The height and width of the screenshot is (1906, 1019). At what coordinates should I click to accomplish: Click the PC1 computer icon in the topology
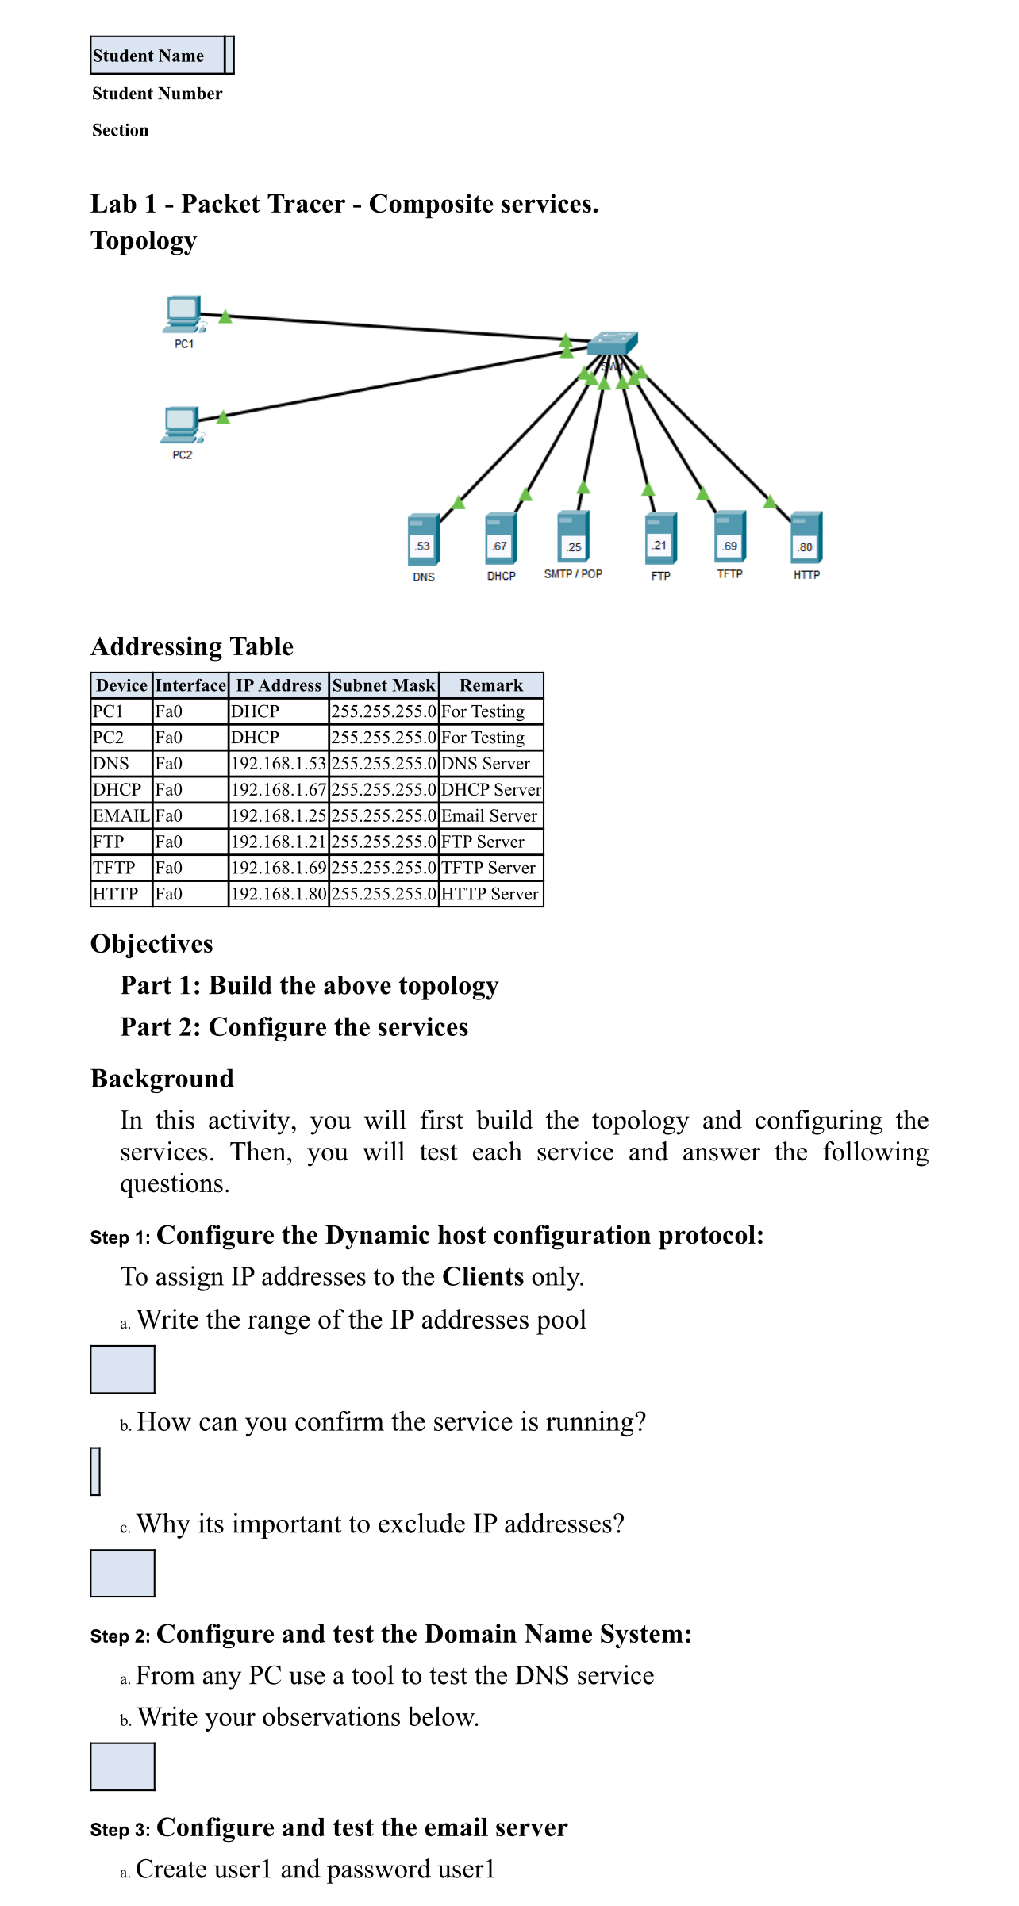[x=183, y=315]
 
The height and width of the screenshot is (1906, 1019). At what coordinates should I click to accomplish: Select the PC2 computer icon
[x=182, y=426]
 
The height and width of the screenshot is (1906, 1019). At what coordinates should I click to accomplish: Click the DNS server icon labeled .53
[x=423, y=540]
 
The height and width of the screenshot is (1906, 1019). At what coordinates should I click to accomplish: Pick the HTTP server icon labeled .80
[x=806, y=539]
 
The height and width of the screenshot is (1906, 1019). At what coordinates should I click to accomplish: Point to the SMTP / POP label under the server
[x=573, y=574]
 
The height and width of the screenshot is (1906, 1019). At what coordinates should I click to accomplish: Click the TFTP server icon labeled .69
[x=729, y=537]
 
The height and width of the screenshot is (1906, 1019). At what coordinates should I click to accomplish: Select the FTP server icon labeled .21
[x=660, y=538]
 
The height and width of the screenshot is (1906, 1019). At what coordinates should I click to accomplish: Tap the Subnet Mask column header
[x=384, y=685]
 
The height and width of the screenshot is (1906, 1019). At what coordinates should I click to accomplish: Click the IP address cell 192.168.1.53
[x=279, y=764]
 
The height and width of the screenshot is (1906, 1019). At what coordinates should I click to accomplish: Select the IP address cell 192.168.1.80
[x=279, y=894]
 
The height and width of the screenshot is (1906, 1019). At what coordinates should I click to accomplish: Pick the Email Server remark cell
[x=490, y=816]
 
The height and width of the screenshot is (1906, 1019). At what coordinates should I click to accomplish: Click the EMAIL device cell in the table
[x=121, y=816]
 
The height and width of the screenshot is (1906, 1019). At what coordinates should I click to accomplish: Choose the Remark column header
[x=491, y=685]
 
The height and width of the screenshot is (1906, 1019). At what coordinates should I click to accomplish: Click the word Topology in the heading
[x=144, y=240]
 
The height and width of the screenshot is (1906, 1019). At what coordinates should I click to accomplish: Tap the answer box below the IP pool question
[x=122, y=1369]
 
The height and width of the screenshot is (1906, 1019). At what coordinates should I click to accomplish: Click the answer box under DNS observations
[x=122, y=1766]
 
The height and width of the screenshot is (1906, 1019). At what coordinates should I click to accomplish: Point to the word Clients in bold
[x=483, y=1277]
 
